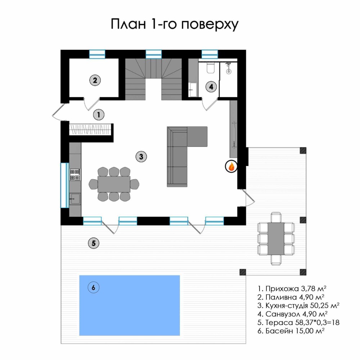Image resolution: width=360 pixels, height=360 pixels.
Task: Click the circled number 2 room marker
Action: coord(95,80)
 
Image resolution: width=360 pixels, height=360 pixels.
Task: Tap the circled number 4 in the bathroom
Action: coord(211,87)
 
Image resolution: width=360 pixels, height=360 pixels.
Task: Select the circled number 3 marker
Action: coord(141,157)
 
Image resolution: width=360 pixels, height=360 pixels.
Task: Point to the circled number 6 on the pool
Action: coord(94,287)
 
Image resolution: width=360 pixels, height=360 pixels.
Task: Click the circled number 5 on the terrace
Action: coord(94,243)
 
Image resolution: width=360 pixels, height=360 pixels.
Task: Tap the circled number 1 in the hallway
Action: coord(99,114)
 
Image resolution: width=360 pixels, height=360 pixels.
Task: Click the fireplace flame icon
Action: coord(231,166)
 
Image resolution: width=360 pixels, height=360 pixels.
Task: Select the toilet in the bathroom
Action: coord(210,67)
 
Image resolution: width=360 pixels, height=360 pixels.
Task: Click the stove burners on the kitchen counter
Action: coord(75,175)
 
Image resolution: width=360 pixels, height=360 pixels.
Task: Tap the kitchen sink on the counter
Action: coord(75,199)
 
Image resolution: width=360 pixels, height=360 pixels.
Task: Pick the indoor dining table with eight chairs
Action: coord(114,184)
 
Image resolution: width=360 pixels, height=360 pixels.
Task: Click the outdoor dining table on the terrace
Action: coord(276,239)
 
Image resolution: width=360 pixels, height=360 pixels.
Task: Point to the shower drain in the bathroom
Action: coord(229,71)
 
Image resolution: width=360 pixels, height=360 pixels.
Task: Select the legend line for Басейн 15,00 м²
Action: coord(291,331)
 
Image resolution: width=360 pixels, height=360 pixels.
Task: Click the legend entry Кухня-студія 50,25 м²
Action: coord(298,306)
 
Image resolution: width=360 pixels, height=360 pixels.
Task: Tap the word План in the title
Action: coord(129,24)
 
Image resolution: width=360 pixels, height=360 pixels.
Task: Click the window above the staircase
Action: coord(154,54)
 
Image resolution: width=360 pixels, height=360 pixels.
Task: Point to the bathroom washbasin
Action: coord(193,89)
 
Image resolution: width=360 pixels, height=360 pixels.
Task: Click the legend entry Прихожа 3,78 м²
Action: coord(292,289)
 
